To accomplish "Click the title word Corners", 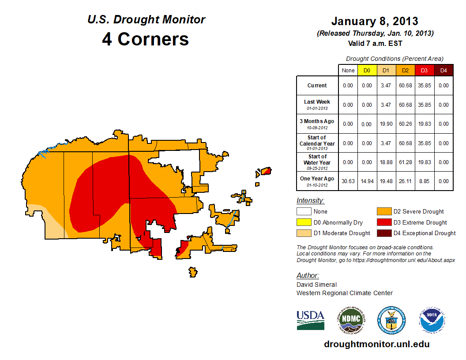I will point(153,39).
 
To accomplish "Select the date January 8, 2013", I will point(375,21).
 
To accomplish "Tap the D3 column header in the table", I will point(424,70).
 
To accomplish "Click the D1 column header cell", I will point(386,70).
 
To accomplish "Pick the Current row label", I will point(317,86).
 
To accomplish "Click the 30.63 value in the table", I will point(348,181).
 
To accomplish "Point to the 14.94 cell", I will point(367,181).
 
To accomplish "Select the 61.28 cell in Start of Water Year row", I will point(405,162).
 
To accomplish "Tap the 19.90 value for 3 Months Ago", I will point(386,124).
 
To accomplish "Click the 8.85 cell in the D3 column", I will point(424,181).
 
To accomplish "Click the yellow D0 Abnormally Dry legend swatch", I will point(303,222).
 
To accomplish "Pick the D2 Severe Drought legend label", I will point(418,212).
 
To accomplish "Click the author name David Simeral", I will point(316,285).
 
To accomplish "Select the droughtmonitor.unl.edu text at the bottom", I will point(376,344).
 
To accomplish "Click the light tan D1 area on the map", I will point(49,224).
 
